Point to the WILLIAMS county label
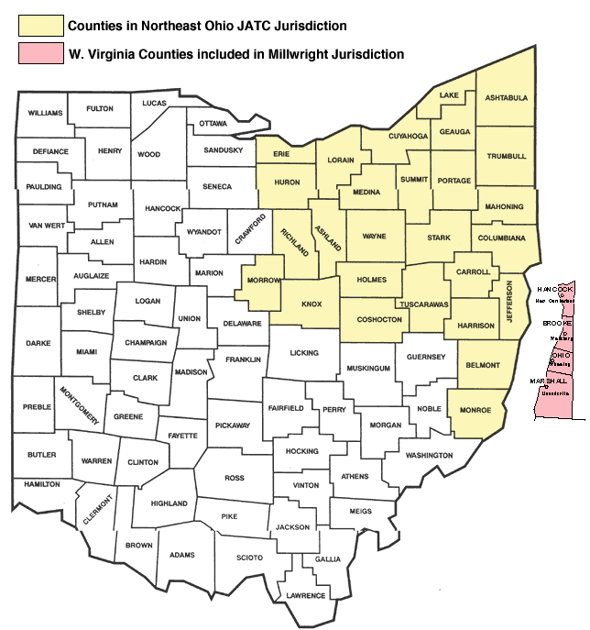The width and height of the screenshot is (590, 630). [44, 113]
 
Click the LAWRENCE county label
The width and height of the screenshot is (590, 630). [306, 595]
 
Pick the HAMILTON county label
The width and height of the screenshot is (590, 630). [42, 483]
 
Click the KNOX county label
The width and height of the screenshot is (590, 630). [312, 304]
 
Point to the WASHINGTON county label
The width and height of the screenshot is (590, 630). [429, 455]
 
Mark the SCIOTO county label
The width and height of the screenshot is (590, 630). [249, 558]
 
